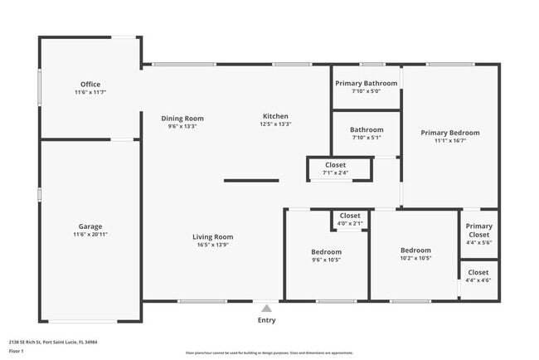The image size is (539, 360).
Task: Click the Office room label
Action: pyautogui.click(x=90, y=85)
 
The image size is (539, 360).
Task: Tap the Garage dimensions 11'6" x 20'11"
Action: pyautogui.click(x=90, y=235)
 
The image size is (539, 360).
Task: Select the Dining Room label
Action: pyautogui.click(x=182, y=119)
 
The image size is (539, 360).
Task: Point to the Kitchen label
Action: pyautogui.click(x=275, y=116)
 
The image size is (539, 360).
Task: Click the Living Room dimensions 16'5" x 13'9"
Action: pyautogui.click(x=213, y=245)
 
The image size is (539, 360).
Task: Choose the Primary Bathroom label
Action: pyautogui.click(x=366, y=84)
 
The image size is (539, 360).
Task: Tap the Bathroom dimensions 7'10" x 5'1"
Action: pyautogui.click(x=366, y=138)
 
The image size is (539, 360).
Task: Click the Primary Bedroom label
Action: pyautogui.click(x=449, y=133)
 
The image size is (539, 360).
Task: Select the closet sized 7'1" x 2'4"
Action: pyautogui.click(x=335, y=169)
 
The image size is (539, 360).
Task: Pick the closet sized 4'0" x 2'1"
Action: pyautogui.click(x=350, y=219)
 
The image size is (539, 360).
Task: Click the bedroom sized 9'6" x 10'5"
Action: pyautogui.click(x=326, y=255)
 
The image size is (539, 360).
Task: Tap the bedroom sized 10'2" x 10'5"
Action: pyautogui.click(x=415, y=254)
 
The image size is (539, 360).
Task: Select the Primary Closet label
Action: pyautogui.click(x=478, y=231)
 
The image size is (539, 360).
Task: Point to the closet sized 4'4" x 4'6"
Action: pyautogui.click(x=478, y=276)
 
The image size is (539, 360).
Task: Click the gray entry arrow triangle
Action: pyautogui.click(x=266, y=307)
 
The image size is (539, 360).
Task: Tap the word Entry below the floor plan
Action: pyautogui.click(x=266, y=320)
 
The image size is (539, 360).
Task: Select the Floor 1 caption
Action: pyautogui.click(x=17, y=351)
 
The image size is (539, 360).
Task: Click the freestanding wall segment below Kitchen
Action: pyautogui.click(x=251, y=180)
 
